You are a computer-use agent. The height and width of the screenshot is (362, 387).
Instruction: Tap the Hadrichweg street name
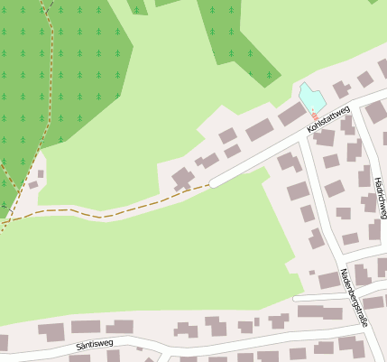tap(380, 197)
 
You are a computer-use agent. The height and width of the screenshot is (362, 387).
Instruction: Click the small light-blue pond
tap(310, 97)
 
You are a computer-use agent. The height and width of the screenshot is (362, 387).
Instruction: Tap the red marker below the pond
tap(314, 116)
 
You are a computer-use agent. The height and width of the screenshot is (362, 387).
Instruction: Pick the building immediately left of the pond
tap(291, 115)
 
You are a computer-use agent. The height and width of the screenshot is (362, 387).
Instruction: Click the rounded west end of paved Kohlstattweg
tap(213, 184)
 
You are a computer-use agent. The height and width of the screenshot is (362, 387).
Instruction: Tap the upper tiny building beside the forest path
tap(41, 174)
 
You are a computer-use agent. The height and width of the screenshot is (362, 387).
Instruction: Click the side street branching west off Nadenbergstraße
tap(320, 297)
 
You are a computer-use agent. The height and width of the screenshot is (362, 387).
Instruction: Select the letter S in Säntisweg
tap(79, 347)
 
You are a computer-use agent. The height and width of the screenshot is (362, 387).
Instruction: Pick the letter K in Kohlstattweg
tap(309, 131)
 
